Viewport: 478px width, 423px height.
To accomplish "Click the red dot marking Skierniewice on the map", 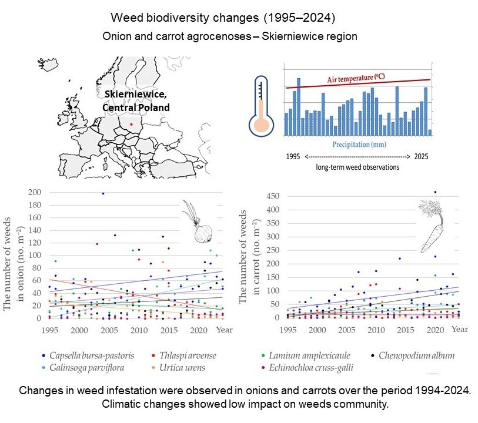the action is [x=131, y=124].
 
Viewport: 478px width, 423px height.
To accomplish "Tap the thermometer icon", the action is [x=261, y=106].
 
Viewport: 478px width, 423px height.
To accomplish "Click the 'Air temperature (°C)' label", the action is [x=356, y=78].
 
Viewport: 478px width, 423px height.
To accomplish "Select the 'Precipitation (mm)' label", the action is [x=359, y=145].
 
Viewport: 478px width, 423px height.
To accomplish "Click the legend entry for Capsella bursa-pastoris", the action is [x=88, y=355].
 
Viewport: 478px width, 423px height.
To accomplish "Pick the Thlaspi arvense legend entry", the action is [x=184, y=355].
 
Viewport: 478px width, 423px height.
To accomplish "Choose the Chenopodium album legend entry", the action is [x=413, y=355].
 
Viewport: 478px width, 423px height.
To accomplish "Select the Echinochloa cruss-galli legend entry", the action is [x=307, y=368].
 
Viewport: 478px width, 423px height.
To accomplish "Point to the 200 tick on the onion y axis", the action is [x=35, y=192].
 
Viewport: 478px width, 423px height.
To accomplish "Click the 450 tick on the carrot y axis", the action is [x=273, y=196].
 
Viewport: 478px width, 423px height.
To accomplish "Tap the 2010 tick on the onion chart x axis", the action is [x=139, y=330].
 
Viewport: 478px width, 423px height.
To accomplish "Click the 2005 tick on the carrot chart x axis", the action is [x=347, y=330].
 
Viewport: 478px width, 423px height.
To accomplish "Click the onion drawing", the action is [x=198, y=222].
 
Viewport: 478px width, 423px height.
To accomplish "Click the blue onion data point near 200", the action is [x=103, y=193].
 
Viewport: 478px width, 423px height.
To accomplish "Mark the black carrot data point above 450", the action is [x=435, y=192].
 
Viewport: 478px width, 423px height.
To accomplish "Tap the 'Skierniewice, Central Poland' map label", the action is [x=136, y=101].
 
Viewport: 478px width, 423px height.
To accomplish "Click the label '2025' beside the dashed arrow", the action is [x=421, y=156].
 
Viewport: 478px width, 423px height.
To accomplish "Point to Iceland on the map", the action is [x=48, y=65].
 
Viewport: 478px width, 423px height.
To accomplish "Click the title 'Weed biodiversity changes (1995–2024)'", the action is [x=223, y=18].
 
